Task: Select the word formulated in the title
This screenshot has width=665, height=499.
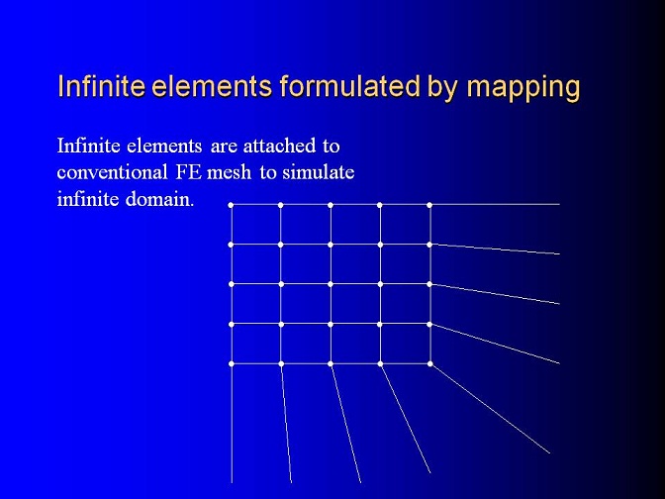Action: (x=349, y=86)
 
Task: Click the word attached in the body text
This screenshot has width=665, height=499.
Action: (x=279, y=146)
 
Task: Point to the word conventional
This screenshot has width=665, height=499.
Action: (x=113, y=172)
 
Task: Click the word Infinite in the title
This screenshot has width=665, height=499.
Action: (x=101, y=86)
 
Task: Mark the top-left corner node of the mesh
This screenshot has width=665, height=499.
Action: (x=231, y=205)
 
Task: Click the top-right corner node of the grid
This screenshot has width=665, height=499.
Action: (x=429, y=205)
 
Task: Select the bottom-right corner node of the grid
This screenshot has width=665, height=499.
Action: (x=430, y=363)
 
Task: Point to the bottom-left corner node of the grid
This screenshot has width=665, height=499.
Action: (x=232, y=363)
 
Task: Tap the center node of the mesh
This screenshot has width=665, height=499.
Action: (x=331, y=284)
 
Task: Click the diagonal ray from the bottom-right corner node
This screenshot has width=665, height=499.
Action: (x=490, y=409)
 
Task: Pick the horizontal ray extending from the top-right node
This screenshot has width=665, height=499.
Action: (x=495, y=205)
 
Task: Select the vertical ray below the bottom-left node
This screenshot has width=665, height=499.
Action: (x=232, y=423)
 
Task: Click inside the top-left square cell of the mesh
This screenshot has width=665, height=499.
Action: (x=255, y=225)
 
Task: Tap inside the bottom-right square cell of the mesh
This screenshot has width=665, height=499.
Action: (x=405, y=345)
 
